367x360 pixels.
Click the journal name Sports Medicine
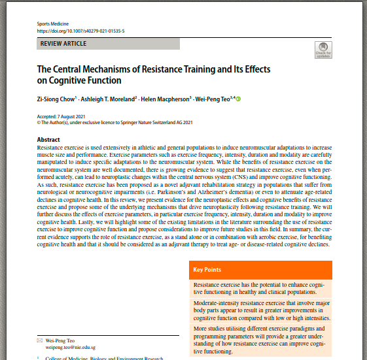(52, 24)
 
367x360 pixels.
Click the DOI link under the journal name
(80, 31)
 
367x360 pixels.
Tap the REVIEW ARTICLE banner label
(63, 44)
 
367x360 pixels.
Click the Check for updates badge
(323, 50)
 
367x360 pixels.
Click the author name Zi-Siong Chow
(56, 99)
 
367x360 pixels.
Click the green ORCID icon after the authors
(239, 99)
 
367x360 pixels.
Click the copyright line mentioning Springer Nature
(115, 122)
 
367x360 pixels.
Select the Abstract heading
(48, 140)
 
